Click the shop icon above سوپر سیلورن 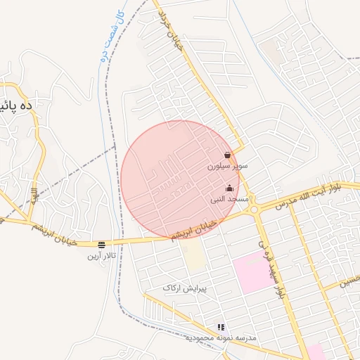point(228,155)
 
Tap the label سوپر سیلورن point(227,167)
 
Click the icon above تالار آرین point(102,245)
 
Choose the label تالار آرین point(100,256)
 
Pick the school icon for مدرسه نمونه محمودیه point(221,327)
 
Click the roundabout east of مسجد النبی point(252,208)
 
